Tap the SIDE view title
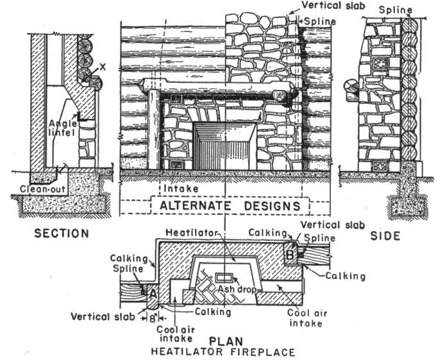[385, 236]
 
